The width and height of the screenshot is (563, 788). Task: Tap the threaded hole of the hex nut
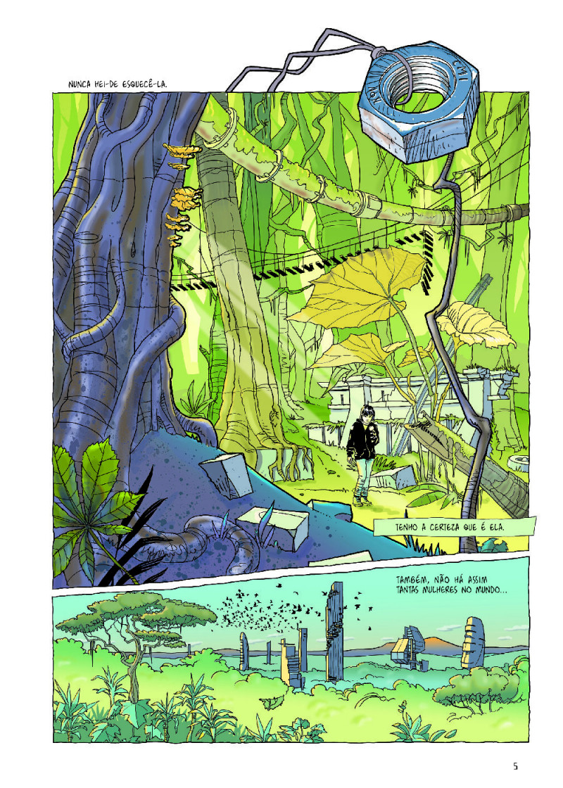[x=404, y=87]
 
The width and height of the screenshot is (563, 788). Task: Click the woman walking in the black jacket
[x=363, y=450]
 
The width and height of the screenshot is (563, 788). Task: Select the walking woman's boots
[x=360, y=498]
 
